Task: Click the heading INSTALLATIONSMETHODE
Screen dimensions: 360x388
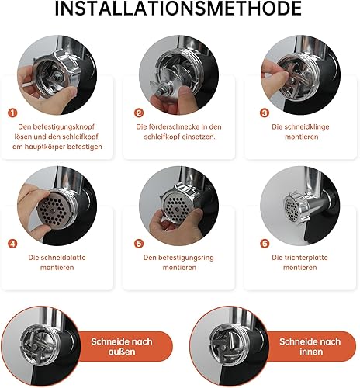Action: [178, 9]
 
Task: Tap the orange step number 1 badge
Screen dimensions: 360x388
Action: [12, 113]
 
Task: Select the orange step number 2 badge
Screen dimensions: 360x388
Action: [139, 113]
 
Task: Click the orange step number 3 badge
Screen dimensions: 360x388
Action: [265, 113]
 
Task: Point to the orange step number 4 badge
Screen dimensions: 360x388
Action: [12, 244]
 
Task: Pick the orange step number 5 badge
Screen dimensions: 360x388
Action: [139, 244]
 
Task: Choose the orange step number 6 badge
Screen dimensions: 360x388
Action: [265, 244]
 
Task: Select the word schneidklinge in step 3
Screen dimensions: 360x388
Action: [306, 127]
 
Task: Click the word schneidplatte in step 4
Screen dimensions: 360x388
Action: [64, 258]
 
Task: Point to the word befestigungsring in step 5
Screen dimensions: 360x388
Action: [186, 258]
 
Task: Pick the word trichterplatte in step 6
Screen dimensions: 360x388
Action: [306, 258]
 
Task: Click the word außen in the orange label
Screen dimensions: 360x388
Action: [122, 352]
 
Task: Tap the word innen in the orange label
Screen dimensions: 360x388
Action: [311, 352]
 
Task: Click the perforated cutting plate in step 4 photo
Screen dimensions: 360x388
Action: [54, 210]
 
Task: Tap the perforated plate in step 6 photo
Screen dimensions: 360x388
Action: [292, 210]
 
